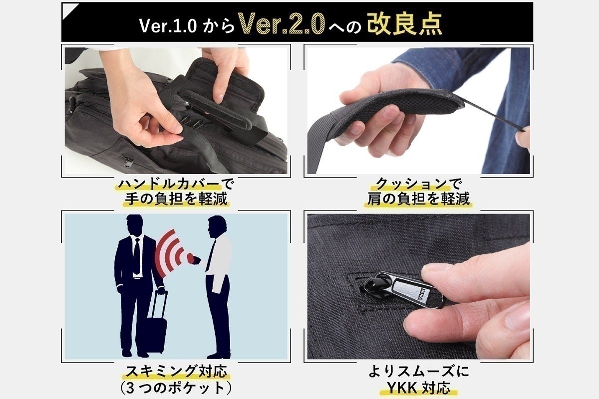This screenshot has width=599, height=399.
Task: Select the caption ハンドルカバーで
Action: pyautogui.click(x=175, y=184)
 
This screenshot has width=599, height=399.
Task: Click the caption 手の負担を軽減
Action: pyautogui.click(x=175, y=199)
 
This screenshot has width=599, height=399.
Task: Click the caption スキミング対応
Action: pyautogui.click(x=175, y=372)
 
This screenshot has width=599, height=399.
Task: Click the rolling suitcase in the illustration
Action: pyautogui.click(x=155, y=327)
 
